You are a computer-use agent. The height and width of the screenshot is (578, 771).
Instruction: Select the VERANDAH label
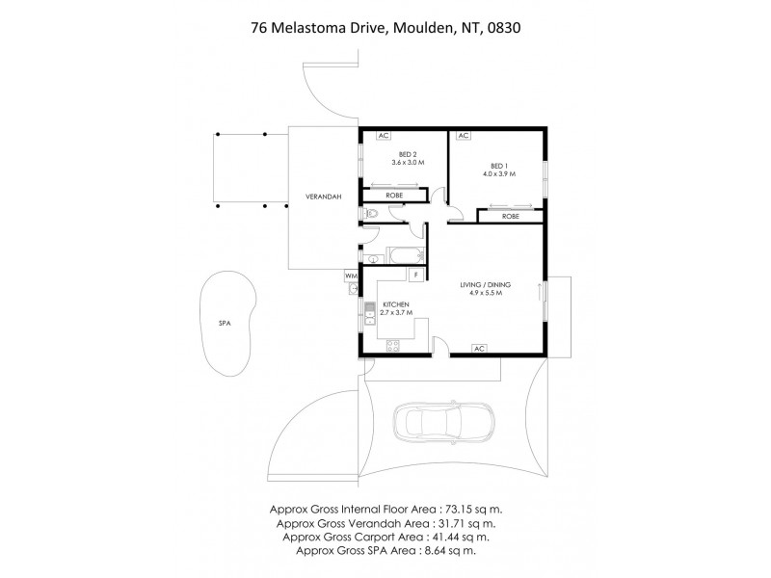click(311, 196)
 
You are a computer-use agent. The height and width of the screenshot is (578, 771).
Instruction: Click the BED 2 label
click(408, 154)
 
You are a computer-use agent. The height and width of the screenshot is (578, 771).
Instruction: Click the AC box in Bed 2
click(384, 136)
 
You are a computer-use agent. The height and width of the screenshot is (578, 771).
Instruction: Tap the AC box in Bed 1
click(464, 136)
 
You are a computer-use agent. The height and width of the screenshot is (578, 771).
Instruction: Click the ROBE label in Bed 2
click(394, 196)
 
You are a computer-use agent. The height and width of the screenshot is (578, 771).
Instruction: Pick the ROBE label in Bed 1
click(511, 217)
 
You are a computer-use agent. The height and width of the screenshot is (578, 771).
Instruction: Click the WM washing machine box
click(350, 275)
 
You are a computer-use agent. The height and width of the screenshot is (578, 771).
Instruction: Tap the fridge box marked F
click(415, 276)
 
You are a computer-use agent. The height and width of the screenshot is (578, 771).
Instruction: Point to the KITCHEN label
click(396, 304)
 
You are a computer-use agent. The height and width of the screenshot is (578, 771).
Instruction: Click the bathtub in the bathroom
click(400, 256)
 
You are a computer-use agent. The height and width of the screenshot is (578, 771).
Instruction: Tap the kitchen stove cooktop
click(392, 345)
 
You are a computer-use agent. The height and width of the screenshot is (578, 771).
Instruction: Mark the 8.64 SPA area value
click(442, 551)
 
